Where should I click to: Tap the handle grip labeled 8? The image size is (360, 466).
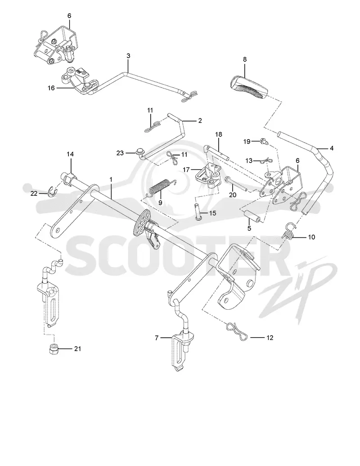[x=249, y=87]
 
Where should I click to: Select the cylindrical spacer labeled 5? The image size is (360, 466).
[x=252, y=216]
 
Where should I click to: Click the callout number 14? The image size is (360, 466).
[x=70, y=154]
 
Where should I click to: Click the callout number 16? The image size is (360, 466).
[x=51, y=88]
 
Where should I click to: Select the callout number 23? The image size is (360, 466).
[x=120, y=153]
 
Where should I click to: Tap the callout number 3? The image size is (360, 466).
[x=128, y=55]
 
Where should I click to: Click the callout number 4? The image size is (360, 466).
[x=332, y=148]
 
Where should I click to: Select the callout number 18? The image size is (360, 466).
[x=219, y=134]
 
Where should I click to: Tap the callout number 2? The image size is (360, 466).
[x=200, y=120]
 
